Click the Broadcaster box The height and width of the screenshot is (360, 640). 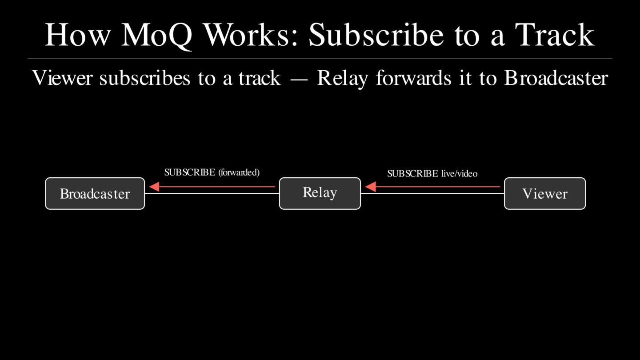95,193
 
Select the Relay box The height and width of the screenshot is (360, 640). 320,193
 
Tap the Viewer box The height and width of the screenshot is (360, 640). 544,193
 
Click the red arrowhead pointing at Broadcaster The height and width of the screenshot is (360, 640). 154,187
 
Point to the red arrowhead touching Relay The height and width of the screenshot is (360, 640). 370,187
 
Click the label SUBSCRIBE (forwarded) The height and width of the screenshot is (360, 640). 212,172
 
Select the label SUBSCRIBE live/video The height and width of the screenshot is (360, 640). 432,173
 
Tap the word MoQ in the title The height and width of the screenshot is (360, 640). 156,35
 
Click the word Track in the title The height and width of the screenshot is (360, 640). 555,35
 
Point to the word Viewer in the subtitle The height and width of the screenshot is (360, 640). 62,78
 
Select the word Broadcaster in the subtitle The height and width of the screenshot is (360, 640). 556,78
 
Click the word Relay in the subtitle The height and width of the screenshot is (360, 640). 342,78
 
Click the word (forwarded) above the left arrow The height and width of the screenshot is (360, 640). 239,172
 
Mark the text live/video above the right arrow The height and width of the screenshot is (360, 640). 459,173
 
